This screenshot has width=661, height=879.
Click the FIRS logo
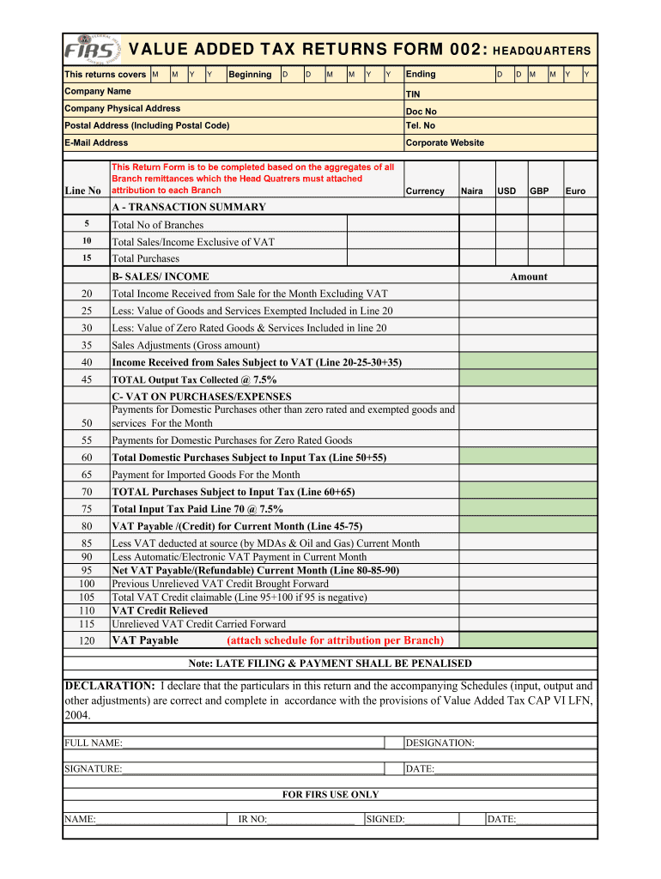pos(94,50)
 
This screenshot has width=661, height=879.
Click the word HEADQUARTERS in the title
pos(542,52)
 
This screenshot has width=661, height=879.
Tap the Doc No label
pos(421,112)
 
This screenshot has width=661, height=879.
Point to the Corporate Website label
pos(445,143)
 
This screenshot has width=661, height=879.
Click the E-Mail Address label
pos(96,143)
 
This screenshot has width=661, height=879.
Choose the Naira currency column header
pos(472,191)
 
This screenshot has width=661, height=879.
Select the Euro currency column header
pos(575,191)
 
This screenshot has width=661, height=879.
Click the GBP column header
pos(540,191)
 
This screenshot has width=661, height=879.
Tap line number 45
pos(87,379)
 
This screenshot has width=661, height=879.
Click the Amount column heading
pos(529,276)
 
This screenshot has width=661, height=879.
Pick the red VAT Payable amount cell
pos(528,640)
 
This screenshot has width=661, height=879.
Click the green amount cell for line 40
pos(528,362)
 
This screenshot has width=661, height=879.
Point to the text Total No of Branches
pos(158,225)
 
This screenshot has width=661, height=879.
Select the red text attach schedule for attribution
pos(335,640)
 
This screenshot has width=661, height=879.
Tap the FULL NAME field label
pos(94,743)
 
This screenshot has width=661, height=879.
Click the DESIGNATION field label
pos(440,743)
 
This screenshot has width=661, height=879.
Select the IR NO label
pos(252,820)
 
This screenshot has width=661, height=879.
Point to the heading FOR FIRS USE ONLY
pos(330,795)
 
